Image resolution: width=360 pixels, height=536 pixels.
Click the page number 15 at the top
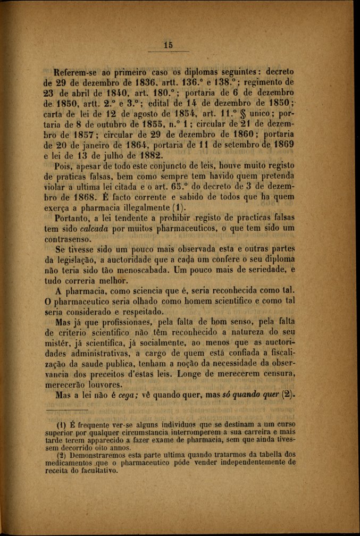tap(169, 45)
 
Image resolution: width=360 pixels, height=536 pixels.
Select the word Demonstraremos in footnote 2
tap(98, 454)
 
